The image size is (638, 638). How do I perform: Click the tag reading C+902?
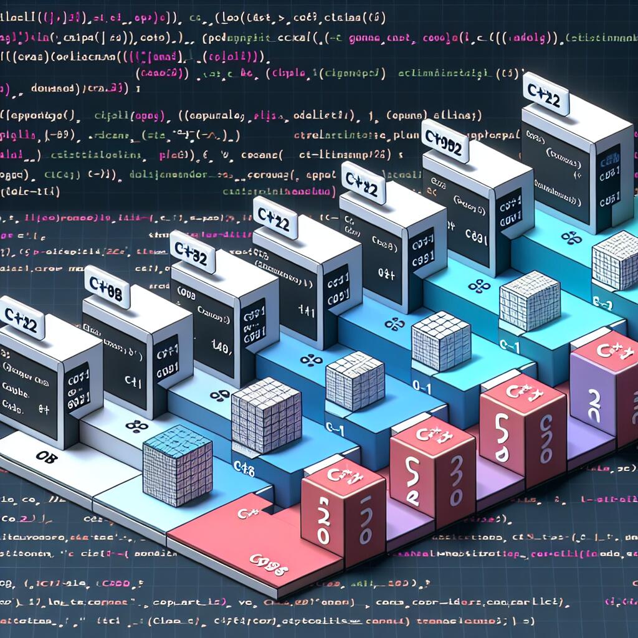point(445,141)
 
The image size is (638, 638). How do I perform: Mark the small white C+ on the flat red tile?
point(244,513)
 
